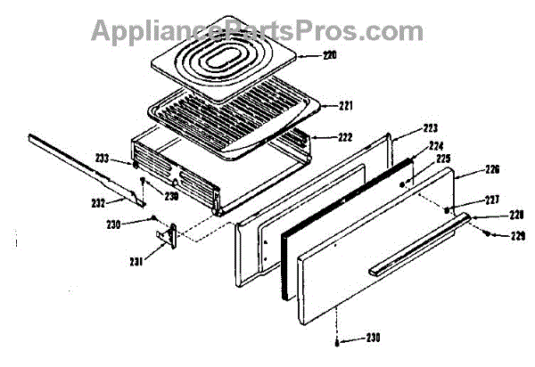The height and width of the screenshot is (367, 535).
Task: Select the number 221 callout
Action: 345,105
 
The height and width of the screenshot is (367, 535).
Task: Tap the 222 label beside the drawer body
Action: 345,138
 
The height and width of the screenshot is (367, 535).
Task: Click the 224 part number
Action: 436,145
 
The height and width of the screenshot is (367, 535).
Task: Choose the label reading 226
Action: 469,169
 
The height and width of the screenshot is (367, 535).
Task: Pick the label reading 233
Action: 103,158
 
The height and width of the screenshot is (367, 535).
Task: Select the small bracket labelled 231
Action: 167,232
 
